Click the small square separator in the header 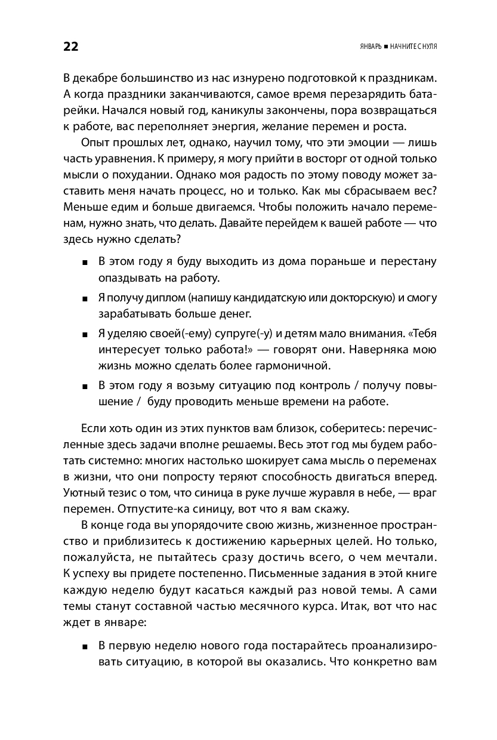(x=385, y=47)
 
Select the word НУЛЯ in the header (x=427, y=47)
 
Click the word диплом (x=162, y=297)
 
